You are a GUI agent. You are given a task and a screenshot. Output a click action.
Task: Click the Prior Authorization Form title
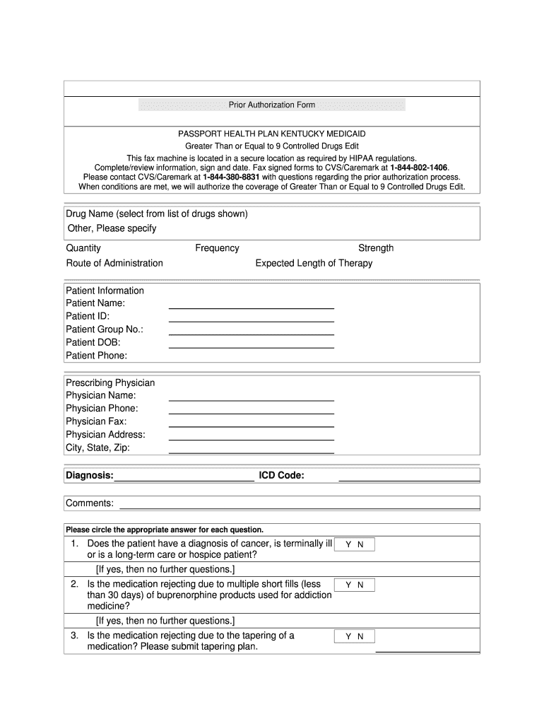[x=272, y=105]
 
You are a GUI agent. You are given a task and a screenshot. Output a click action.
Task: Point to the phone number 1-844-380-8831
[x=231, y=177]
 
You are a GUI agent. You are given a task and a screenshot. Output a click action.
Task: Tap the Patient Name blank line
[x=251, y=308]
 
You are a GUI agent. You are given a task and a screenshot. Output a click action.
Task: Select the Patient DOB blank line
[x=251, y=346]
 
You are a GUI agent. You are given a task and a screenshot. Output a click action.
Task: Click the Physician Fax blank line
[x=251, y=426]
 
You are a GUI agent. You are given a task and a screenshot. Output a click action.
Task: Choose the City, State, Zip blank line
[x=251, y=452]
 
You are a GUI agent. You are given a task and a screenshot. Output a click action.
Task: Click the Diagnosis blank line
[x=184, y=480]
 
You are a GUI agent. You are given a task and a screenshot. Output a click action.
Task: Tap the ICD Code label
[x=281, y=475]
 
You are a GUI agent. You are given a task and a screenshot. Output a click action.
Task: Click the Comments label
[x=90, y=503]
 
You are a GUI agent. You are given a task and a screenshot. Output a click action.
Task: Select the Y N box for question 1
[x=355, y=545]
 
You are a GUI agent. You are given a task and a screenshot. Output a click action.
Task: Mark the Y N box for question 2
[x=355, y=585]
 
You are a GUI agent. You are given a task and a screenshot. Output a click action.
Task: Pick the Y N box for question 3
[x=355, y=636]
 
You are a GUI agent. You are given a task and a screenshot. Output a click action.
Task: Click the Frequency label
[x=217, y=248]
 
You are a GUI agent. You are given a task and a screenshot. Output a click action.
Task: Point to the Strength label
[x=376, y=248]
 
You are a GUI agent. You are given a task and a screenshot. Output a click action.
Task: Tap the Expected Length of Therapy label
[x=314, y=263]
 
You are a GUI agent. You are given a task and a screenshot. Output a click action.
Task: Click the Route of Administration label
[x=114, y=263]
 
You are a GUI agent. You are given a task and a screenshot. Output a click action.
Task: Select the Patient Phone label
[x=97, y=356]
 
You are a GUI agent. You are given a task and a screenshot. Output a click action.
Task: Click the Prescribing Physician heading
[x=110, y=383]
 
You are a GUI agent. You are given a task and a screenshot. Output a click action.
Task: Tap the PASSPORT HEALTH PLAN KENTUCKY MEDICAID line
[x=272, y=134]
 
